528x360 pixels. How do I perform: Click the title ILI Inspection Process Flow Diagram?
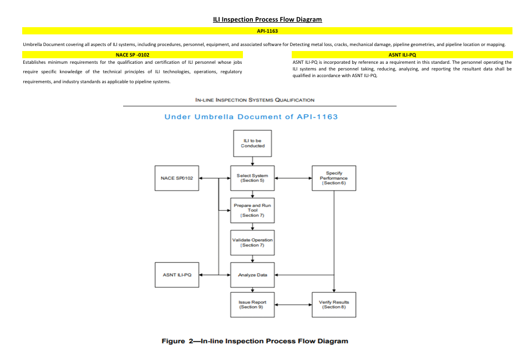[x=267, y=19]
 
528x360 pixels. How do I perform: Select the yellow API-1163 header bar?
[x=267, y=31]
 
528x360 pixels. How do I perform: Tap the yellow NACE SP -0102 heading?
[x=133, y=55]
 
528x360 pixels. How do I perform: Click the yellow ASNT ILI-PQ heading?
[x=402, y=55]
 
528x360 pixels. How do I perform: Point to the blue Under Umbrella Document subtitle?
[x=251, y=117]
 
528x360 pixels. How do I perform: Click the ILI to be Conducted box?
[x=252, y=144]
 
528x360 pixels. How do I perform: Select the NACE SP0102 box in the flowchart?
[x=177, y=178]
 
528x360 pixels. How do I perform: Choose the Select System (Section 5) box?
[x=252, y=178]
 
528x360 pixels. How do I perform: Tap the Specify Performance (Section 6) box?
[x=334, y=178]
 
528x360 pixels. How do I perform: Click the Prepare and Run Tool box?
[x=252, y=210]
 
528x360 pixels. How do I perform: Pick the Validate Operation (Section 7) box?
[x=252, y=243]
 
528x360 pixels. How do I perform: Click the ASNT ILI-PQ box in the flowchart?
[x=177, y=275]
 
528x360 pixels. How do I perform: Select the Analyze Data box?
[x=252, y=275]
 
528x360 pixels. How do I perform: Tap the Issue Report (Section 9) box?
[x=252, y=305]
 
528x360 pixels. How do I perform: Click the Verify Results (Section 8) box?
[x=334, y=305]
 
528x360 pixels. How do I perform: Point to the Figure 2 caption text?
[x=255, y=341]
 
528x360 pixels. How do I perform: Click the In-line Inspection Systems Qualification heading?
[x=255, y=100]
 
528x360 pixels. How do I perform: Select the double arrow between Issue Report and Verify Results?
[x=293, y=305]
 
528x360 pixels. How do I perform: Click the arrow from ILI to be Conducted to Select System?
[x=252, y=161]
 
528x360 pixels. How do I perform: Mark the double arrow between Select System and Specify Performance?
[x=293, y=178]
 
